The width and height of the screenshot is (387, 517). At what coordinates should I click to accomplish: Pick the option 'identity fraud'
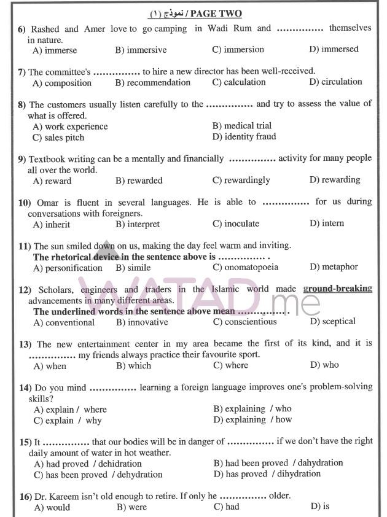click(x=244, y=137)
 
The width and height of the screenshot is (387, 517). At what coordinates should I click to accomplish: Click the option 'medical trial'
click(x=242, y=126)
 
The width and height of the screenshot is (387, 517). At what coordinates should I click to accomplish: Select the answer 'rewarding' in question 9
click(x=335, y=180)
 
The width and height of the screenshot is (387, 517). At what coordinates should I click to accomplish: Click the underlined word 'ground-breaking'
click(x=337, y=289)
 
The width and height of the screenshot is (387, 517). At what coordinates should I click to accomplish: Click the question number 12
click(x=25, y=289)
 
